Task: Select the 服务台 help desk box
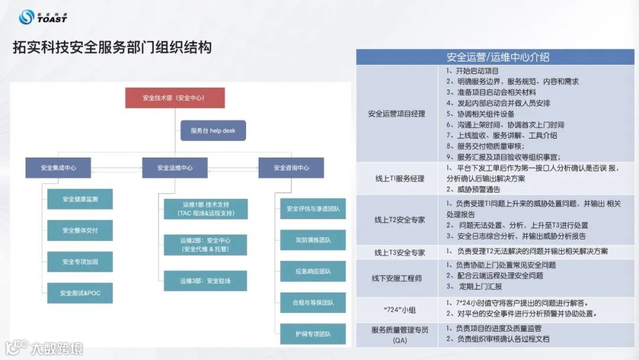tap(212, 130)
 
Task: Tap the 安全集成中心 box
tap(59, 168)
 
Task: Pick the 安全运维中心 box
tap(175, 168)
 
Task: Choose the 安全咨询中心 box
tap(291, 168)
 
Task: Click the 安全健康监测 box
tap(80, 199)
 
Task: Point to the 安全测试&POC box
tap(80, 293)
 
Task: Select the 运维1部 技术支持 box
tap(205, 209)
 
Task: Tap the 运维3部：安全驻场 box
tap(205, 280)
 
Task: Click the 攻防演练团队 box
tap(313, 240)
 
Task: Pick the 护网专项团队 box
tap(313, 334)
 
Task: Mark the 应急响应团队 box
tap(313, 271)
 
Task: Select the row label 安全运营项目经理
tap(396, 114)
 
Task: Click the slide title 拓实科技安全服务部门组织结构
tap(112, 47)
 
